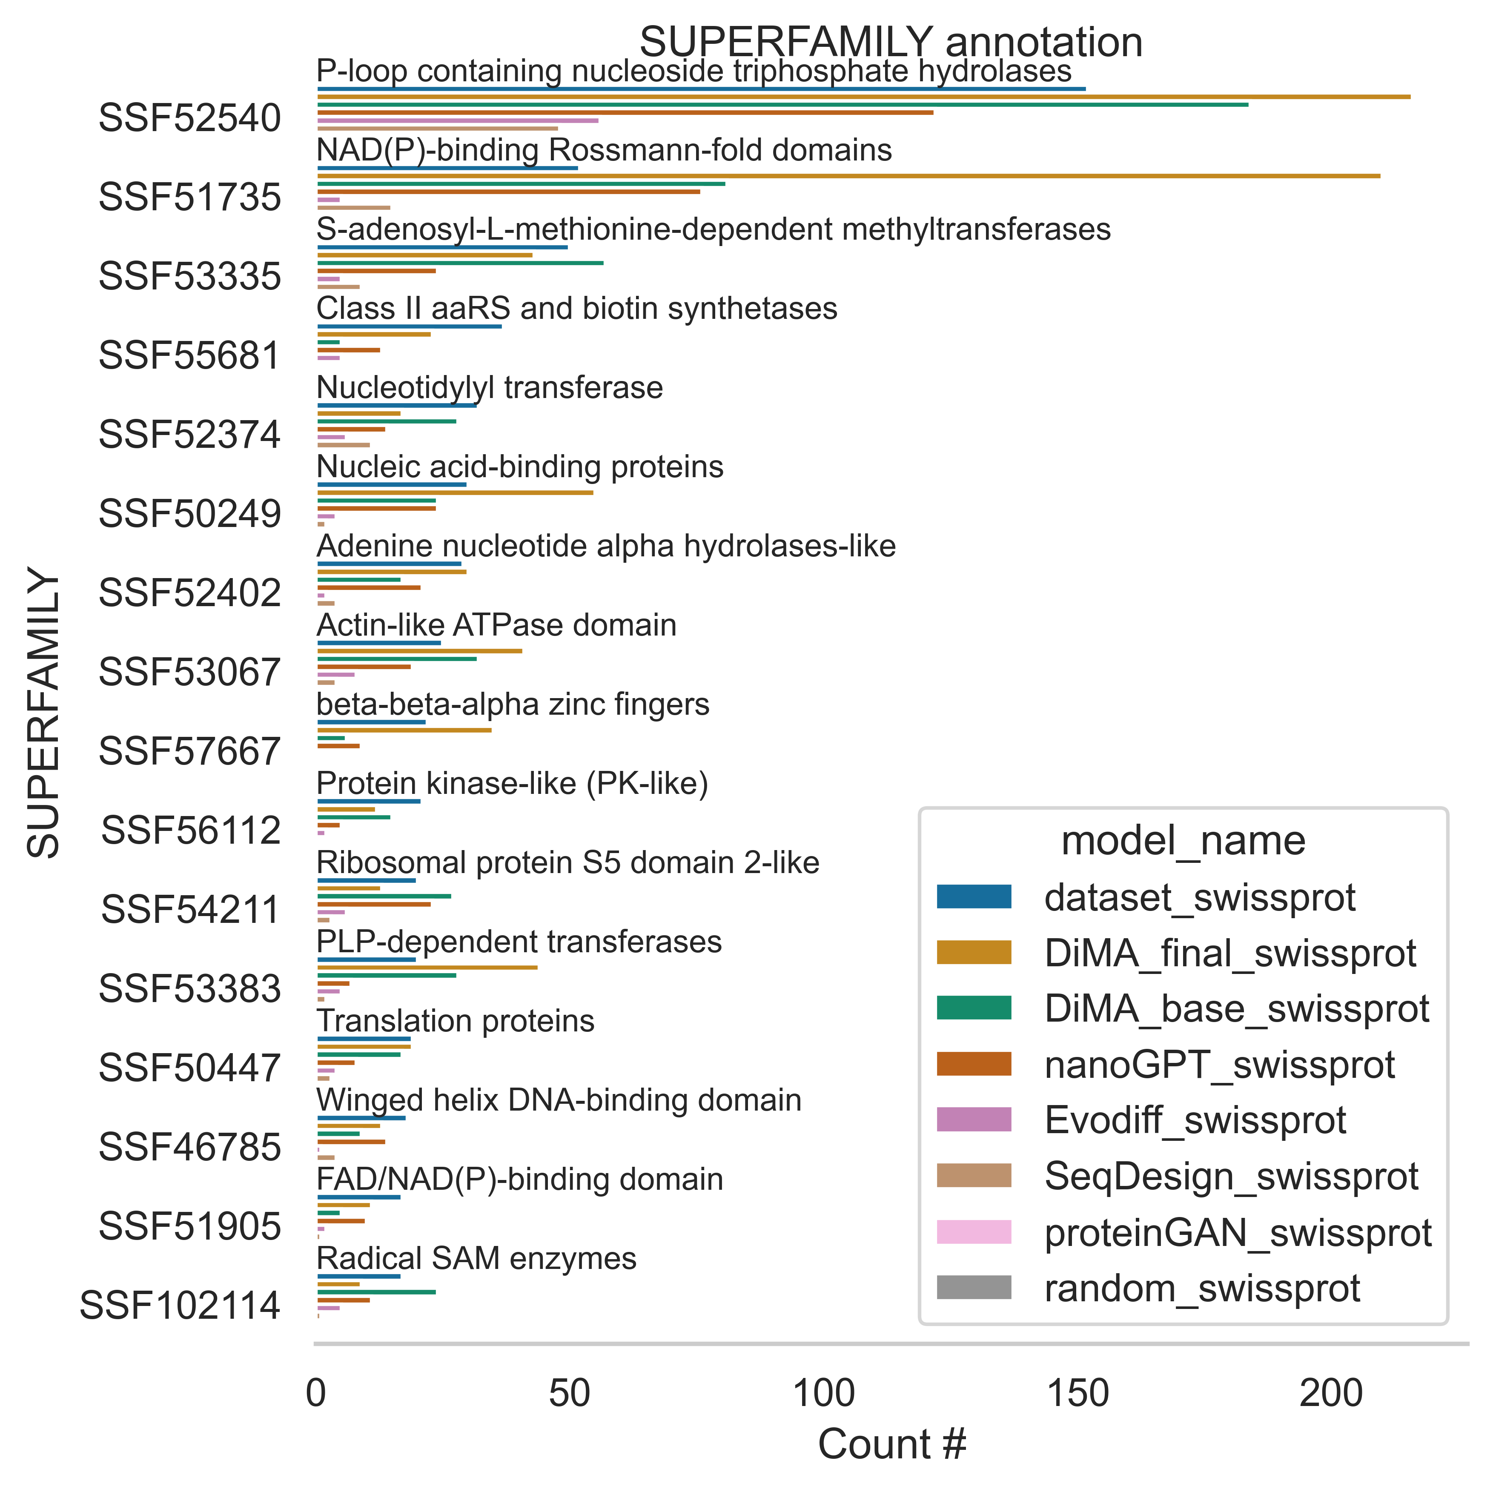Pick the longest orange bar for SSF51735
[848, 176]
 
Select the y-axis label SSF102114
[180, 1306]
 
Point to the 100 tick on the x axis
[824, 1394]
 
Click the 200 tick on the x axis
[1331, 1394]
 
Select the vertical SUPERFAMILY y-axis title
[44, 713]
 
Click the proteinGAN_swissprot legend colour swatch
[974, 1232]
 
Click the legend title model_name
[1183, 841]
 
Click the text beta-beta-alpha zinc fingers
[512, 704]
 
